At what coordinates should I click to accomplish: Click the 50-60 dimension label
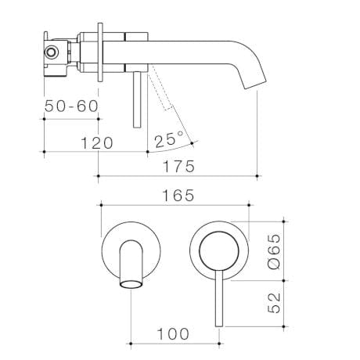pos(71,106)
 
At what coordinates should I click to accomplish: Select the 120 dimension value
pos(96,142)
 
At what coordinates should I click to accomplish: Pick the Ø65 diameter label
pos(271,253)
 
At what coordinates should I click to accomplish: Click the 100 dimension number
pos(173,334)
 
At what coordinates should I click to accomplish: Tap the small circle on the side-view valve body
pos(52,52)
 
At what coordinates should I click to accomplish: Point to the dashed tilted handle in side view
pos(160,90)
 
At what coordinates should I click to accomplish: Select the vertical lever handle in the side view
pos(139,99)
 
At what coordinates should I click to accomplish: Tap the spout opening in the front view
pos(129,283)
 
